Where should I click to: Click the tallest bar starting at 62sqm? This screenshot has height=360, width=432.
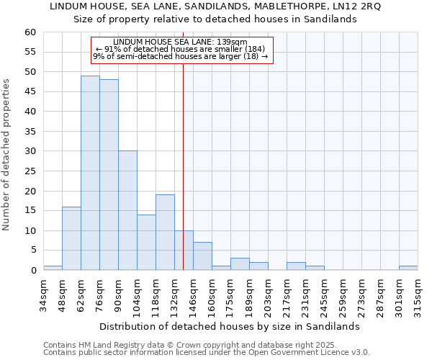[90, 173]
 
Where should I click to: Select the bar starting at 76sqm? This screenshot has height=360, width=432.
[109, 175]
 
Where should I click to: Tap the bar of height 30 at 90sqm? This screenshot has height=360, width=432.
[127, 210]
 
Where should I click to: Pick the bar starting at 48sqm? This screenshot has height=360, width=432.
[71, 238]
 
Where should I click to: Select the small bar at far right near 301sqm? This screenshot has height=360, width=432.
[408, 268]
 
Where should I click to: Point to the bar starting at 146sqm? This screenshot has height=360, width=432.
[202, 256]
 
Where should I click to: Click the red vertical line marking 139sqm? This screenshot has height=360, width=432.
[184, 166]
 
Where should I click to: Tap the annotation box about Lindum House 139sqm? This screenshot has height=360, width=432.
[183, 50]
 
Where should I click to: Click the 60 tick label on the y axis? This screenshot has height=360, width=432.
[30, 32]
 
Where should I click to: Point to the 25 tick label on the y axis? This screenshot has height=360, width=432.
[30, 171]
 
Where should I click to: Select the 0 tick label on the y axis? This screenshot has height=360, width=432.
[33, 271]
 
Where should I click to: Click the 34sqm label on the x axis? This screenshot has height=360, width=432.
[43, 294]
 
